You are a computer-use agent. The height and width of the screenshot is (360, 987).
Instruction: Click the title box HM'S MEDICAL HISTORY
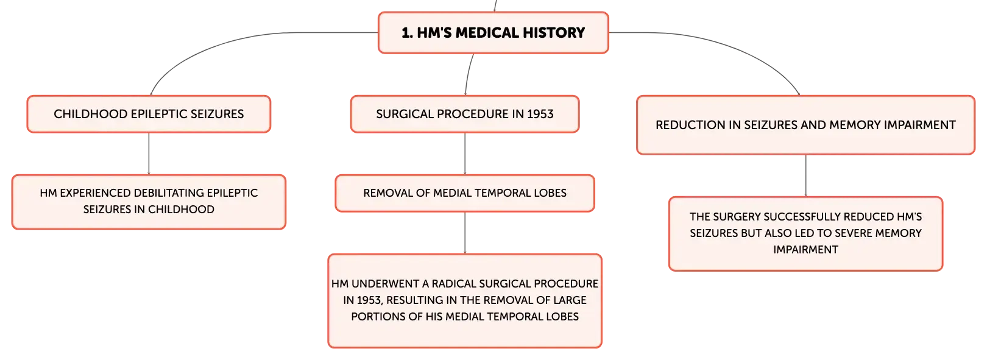click(493, 33)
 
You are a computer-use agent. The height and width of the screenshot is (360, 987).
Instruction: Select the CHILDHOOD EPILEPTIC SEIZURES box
click(149, 114)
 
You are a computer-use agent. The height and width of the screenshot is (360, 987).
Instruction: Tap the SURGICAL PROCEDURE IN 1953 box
click(465, 114)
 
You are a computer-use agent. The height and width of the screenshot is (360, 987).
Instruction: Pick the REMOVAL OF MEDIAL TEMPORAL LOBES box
click(465, 193)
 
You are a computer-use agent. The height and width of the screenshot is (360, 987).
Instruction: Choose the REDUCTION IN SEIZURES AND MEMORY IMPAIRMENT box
click(805, 125)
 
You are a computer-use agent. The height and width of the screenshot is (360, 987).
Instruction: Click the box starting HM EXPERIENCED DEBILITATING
click(149, 202)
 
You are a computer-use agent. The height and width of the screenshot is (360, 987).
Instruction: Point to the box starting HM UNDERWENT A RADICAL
click(465, 300)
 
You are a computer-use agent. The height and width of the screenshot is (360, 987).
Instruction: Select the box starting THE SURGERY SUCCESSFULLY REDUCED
click(805, 233)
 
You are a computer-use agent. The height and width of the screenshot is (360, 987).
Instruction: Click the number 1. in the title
click(407, 33)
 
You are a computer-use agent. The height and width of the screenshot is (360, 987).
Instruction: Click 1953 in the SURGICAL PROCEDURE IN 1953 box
click(540, 114)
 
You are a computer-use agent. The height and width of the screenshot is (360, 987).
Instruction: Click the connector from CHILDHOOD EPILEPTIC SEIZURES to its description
click(149, 154)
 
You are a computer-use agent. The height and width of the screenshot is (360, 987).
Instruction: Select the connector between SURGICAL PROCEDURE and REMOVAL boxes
click(465, 154)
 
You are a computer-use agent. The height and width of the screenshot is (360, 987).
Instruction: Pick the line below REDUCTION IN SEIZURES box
click(806, 175)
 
